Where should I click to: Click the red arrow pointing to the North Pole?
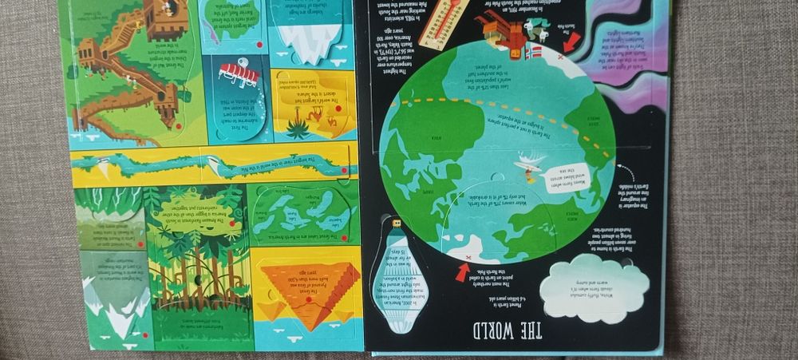pos(463,271)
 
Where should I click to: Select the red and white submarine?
pos(238,73)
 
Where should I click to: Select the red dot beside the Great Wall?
pos(177,125)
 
